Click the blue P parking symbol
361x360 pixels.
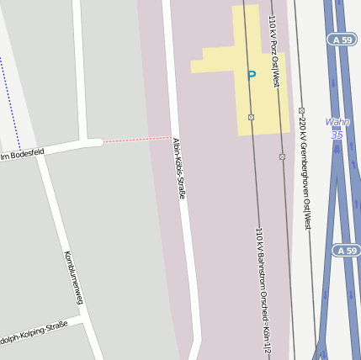[251, 75]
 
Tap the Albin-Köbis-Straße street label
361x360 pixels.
[179, 168]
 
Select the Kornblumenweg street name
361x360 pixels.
[73, 278]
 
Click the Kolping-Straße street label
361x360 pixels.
[34, 335]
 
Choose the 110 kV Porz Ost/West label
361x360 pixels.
[273, 50]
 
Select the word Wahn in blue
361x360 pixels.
[337, 122]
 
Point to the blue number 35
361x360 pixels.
[337, 135]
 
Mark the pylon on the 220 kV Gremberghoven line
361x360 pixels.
[301, 110]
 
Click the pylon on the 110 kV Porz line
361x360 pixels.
[282, 156]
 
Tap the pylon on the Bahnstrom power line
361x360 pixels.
[251, 117]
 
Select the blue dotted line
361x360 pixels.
[8, 93]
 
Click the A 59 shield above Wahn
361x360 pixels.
[342, 40]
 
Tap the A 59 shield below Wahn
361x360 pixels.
[345, 251]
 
